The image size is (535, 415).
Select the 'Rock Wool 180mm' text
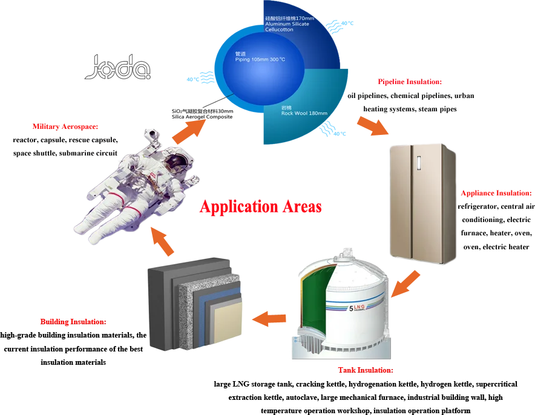[304, 113]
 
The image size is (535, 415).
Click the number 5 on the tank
[351, 309]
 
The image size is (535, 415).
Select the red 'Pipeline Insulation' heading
[410, 82]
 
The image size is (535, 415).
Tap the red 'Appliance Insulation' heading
[496, 194]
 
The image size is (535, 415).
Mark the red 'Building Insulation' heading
[72, 322]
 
